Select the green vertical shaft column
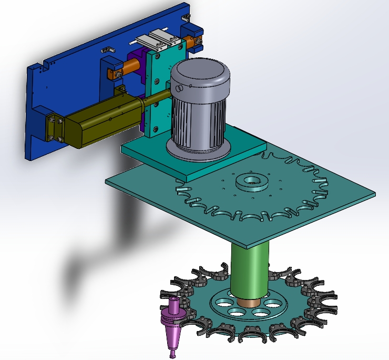pos(250,268)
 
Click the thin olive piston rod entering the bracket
pos(155,98)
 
